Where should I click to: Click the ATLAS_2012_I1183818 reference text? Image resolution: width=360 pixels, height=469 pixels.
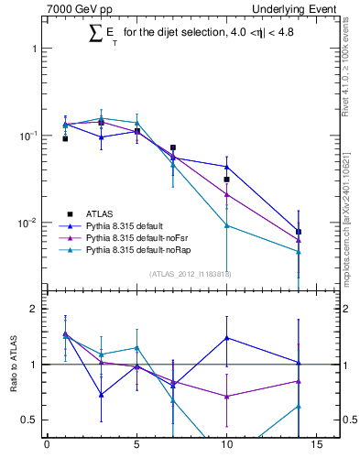click(x=191, y=274)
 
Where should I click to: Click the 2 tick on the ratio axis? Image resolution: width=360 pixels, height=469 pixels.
click(x=32, y=309)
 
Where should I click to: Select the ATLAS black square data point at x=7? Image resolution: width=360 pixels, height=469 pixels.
click(x=172, y=147)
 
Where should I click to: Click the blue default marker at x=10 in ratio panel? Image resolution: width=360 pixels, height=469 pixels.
click(x=226, y=337)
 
